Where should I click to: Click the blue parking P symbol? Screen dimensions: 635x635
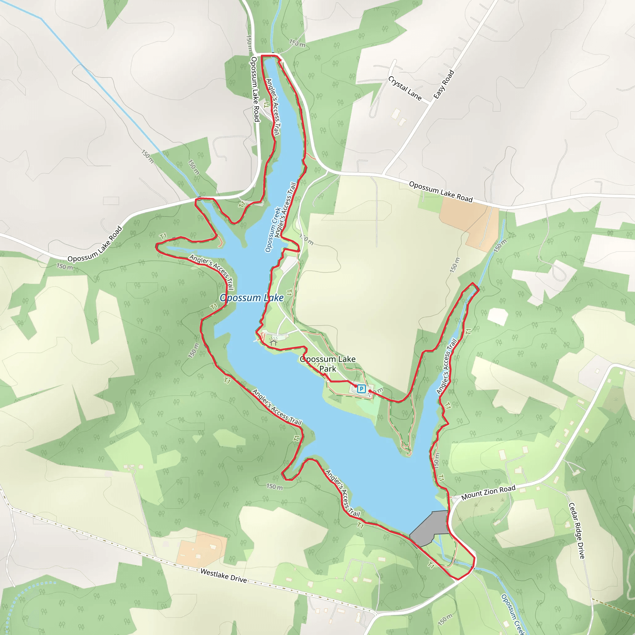(x=361, y=389)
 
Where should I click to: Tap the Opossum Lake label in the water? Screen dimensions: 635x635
(x=251, y=298)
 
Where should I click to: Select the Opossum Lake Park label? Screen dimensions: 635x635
(x=328, y=364)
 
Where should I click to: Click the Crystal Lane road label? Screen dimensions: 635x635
(x=405, y=88)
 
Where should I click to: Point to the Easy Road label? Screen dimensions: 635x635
(x=444, y=84)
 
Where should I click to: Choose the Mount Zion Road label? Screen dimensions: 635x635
(x=488, y=492)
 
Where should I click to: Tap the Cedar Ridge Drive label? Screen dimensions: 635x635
(x=577, y=531)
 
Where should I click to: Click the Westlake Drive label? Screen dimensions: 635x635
(x=224, y=575)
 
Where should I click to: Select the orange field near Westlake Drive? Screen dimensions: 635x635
(x=201, y=548)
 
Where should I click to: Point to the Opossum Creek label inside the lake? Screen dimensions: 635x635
(x=273, y=229)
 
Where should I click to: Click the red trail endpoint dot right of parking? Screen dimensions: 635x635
(x=370, y=391)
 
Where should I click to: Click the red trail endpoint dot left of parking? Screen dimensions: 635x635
(x=356, y=386)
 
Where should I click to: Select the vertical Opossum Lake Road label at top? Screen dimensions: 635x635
(x=255, y=89)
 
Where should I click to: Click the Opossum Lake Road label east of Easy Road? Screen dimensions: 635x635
(x=440, y=192)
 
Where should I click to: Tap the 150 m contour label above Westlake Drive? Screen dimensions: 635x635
(x=274, y=487)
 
